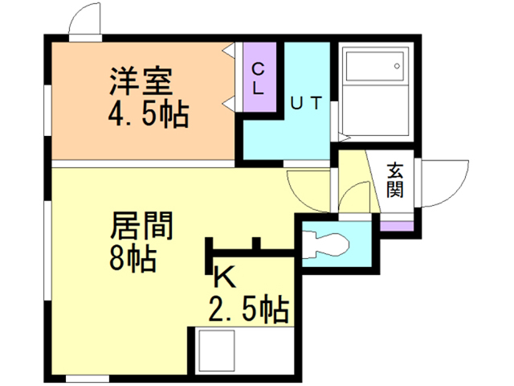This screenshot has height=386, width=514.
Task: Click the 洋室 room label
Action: [141, 81]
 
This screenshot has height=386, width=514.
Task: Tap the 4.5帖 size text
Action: [149, 114]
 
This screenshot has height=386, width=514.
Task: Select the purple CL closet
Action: [259, 77]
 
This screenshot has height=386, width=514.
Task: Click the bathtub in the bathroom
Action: [376, 91]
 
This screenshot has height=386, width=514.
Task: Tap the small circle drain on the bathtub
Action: [397, 66]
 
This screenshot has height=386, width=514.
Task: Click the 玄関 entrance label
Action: [395, 180]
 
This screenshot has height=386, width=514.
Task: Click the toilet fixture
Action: [325, 244]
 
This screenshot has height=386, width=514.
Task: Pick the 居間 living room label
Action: [141, 225]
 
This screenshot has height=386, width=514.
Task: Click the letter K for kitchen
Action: [224, 277]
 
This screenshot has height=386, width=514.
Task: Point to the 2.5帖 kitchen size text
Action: [249, 310]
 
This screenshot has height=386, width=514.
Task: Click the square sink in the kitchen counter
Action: [218, 351]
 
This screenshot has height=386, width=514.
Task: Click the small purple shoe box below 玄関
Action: [397, 226]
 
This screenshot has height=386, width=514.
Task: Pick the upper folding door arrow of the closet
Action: [229, 51]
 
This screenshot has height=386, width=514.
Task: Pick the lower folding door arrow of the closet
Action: [229, 105]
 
